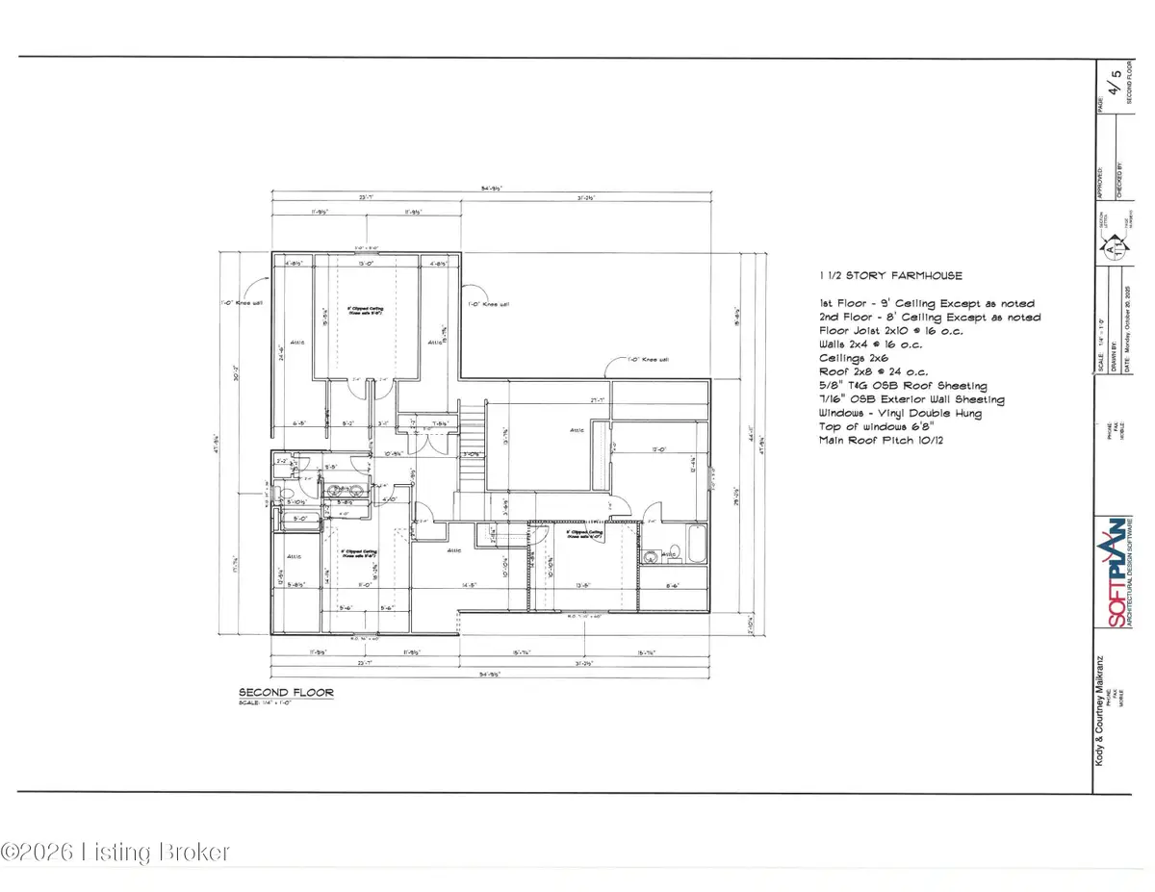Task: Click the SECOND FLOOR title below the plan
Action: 272,692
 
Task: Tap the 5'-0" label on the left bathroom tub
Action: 297,522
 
